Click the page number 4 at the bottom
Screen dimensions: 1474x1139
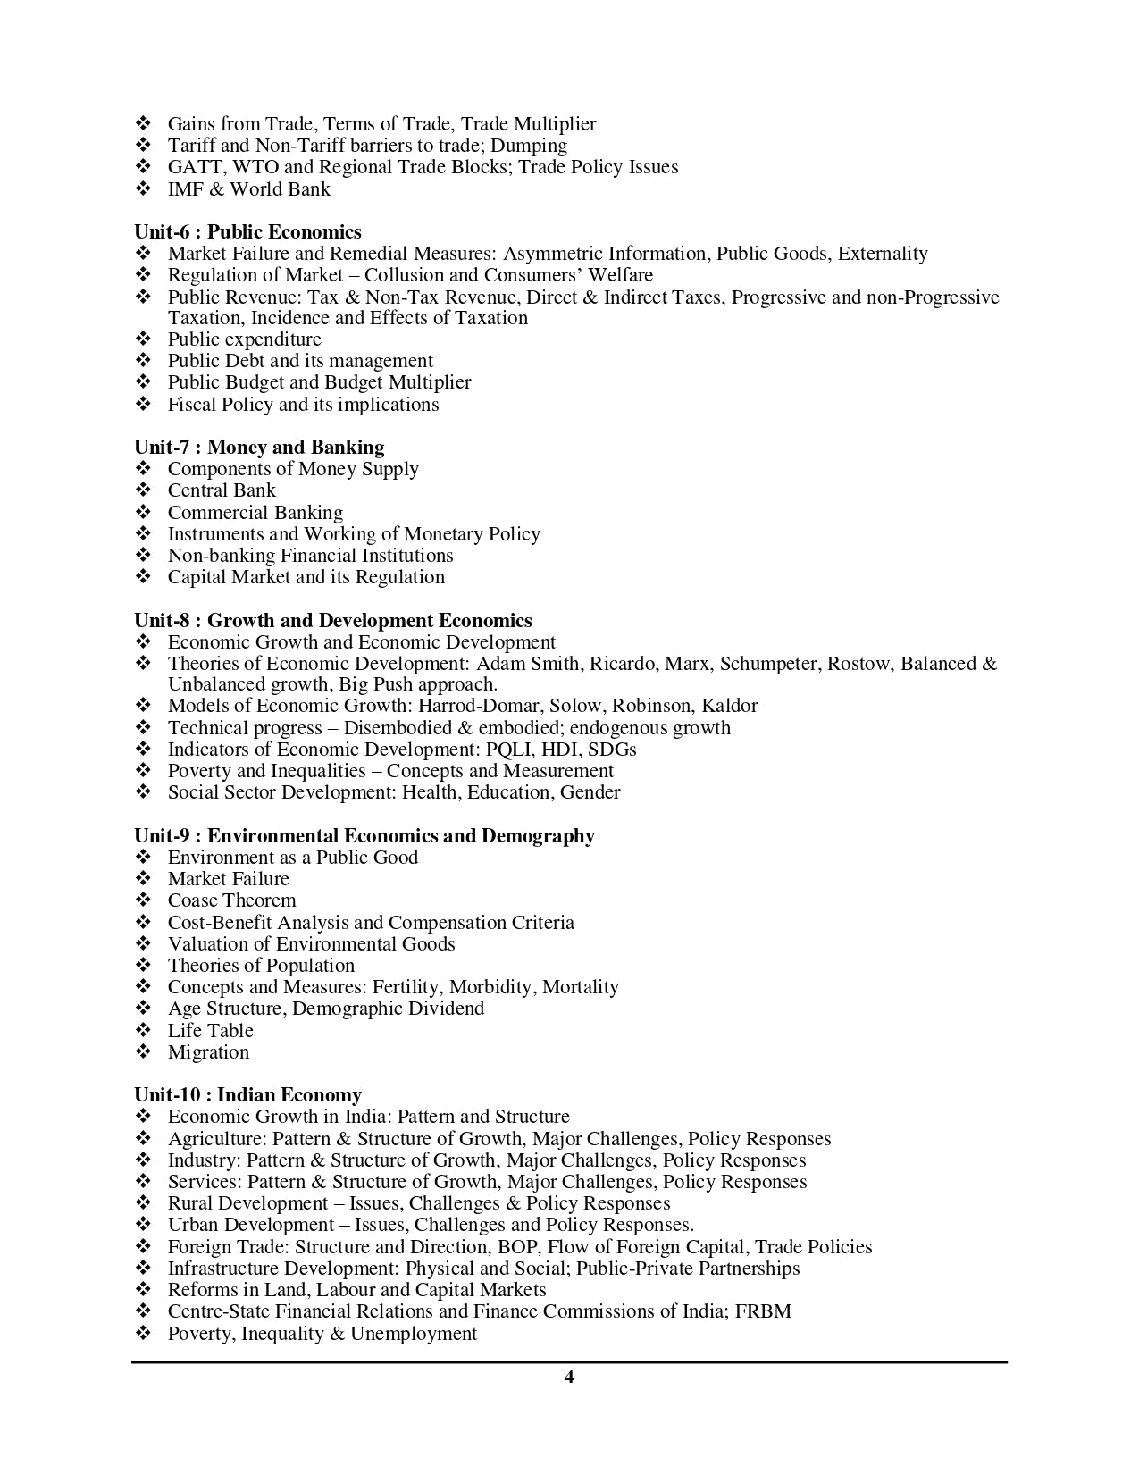[x=569, y=1377]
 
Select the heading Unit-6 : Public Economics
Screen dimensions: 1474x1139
[x=247, y=232]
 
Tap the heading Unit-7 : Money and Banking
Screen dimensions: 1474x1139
[x=259, y=448]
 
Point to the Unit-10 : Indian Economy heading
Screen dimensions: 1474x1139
[x=247, y=1095]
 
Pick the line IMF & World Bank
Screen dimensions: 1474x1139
[x=248, y=189]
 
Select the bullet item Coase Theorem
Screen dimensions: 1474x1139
[x=231, y=900]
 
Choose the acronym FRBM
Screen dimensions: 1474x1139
[x=763, y=1311]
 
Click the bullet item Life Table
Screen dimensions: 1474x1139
[x=211, y=1031]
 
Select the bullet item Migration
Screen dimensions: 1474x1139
[x=208, y=1052]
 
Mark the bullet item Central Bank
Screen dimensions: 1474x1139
[x=222, y=490]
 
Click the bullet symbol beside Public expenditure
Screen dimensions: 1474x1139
[x=144, y=339]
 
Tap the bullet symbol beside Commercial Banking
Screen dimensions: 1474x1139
[x=144, y=513]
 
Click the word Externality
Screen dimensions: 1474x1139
[x=883, y=254]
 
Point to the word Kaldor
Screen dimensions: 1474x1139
[x=730, y=706]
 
